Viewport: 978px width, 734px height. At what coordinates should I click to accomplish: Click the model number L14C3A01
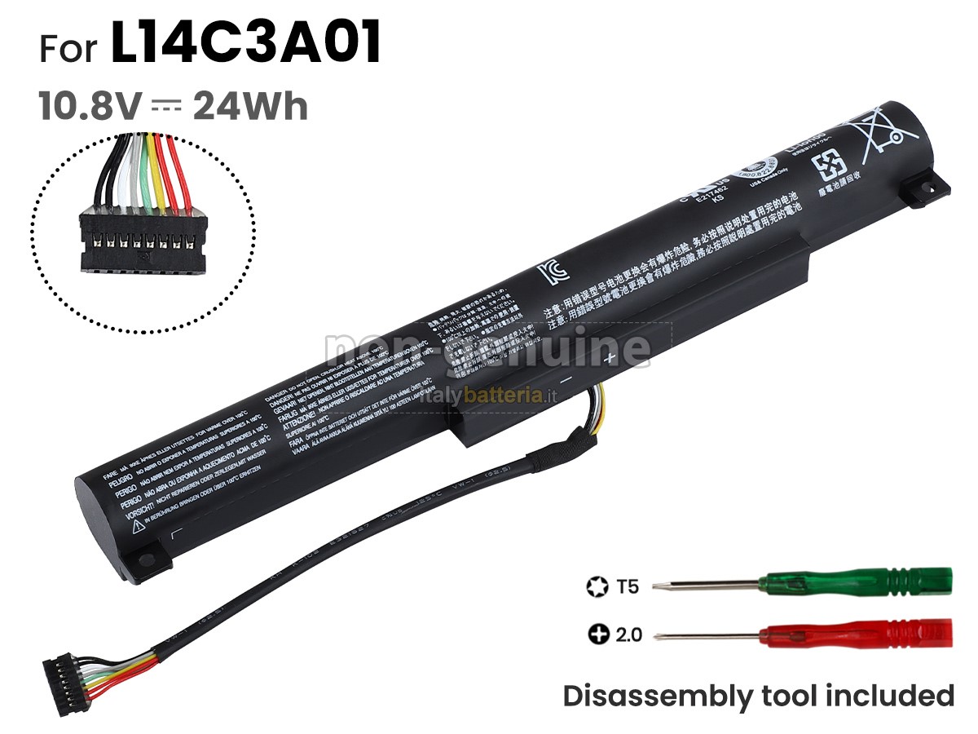(x=245, y=45)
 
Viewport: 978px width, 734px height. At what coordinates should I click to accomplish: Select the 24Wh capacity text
(x=250, y=107)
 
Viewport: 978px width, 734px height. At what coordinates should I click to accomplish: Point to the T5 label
(x=628, y=586)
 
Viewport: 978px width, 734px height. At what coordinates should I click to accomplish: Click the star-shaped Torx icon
(x=596, y=586)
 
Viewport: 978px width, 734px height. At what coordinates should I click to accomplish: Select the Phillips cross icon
(x=598, y=634)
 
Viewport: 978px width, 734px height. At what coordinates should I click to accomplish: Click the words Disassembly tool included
(x=758, y=696)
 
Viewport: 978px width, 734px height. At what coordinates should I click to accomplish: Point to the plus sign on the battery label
(x=608, y=357)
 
